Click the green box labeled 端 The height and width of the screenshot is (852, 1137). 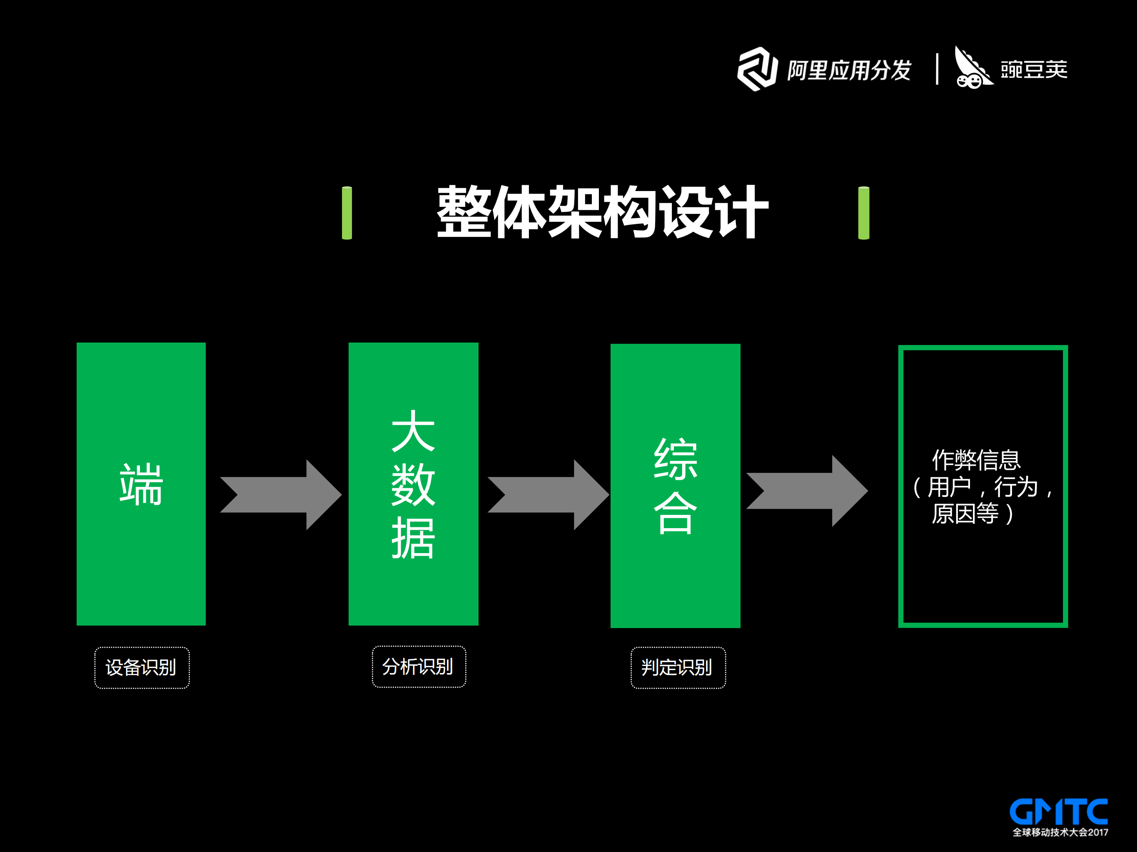pyautogui.click(x=141, y=483)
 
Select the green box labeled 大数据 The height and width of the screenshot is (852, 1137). pyautogui.click(x=413, y=483)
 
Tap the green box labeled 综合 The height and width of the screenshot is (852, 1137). pyautogui.click(x=675, y=485)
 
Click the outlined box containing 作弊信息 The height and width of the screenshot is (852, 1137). pyautogui.click(x=982, y=486)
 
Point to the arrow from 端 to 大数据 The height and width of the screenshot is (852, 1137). pyautogui.click(x=281, y=494)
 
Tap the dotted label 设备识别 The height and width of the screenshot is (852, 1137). pyautogui.click(x=142, y=667)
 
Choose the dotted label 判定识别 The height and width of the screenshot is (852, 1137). pyautogui.click(x=678, y=667)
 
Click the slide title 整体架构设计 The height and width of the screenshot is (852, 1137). pyautogui.click(x=602, y=212)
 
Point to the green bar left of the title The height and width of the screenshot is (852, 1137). pyautogui.click(x=347, y=213)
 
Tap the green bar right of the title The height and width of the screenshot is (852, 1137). pyautogui.click(x=863, y=213)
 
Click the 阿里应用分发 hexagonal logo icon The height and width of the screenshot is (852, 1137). pyautogui.click(x=757, y=70)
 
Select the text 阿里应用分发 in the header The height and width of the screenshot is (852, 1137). pyautogui.click(x=849, y=70)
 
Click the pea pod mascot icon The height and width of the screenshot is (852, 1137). pyautogui.click(x=972, y=68)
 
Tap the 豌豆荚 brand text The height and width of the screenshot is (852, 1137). pyautogui.click(x=1034, y=70)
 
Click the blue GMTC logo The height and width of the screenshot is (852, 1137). pyautogui.click(x=1058, y=812)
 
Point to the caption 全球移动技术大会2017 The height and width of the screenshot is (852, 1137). pyautogui.click(x=1060, y=832)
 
